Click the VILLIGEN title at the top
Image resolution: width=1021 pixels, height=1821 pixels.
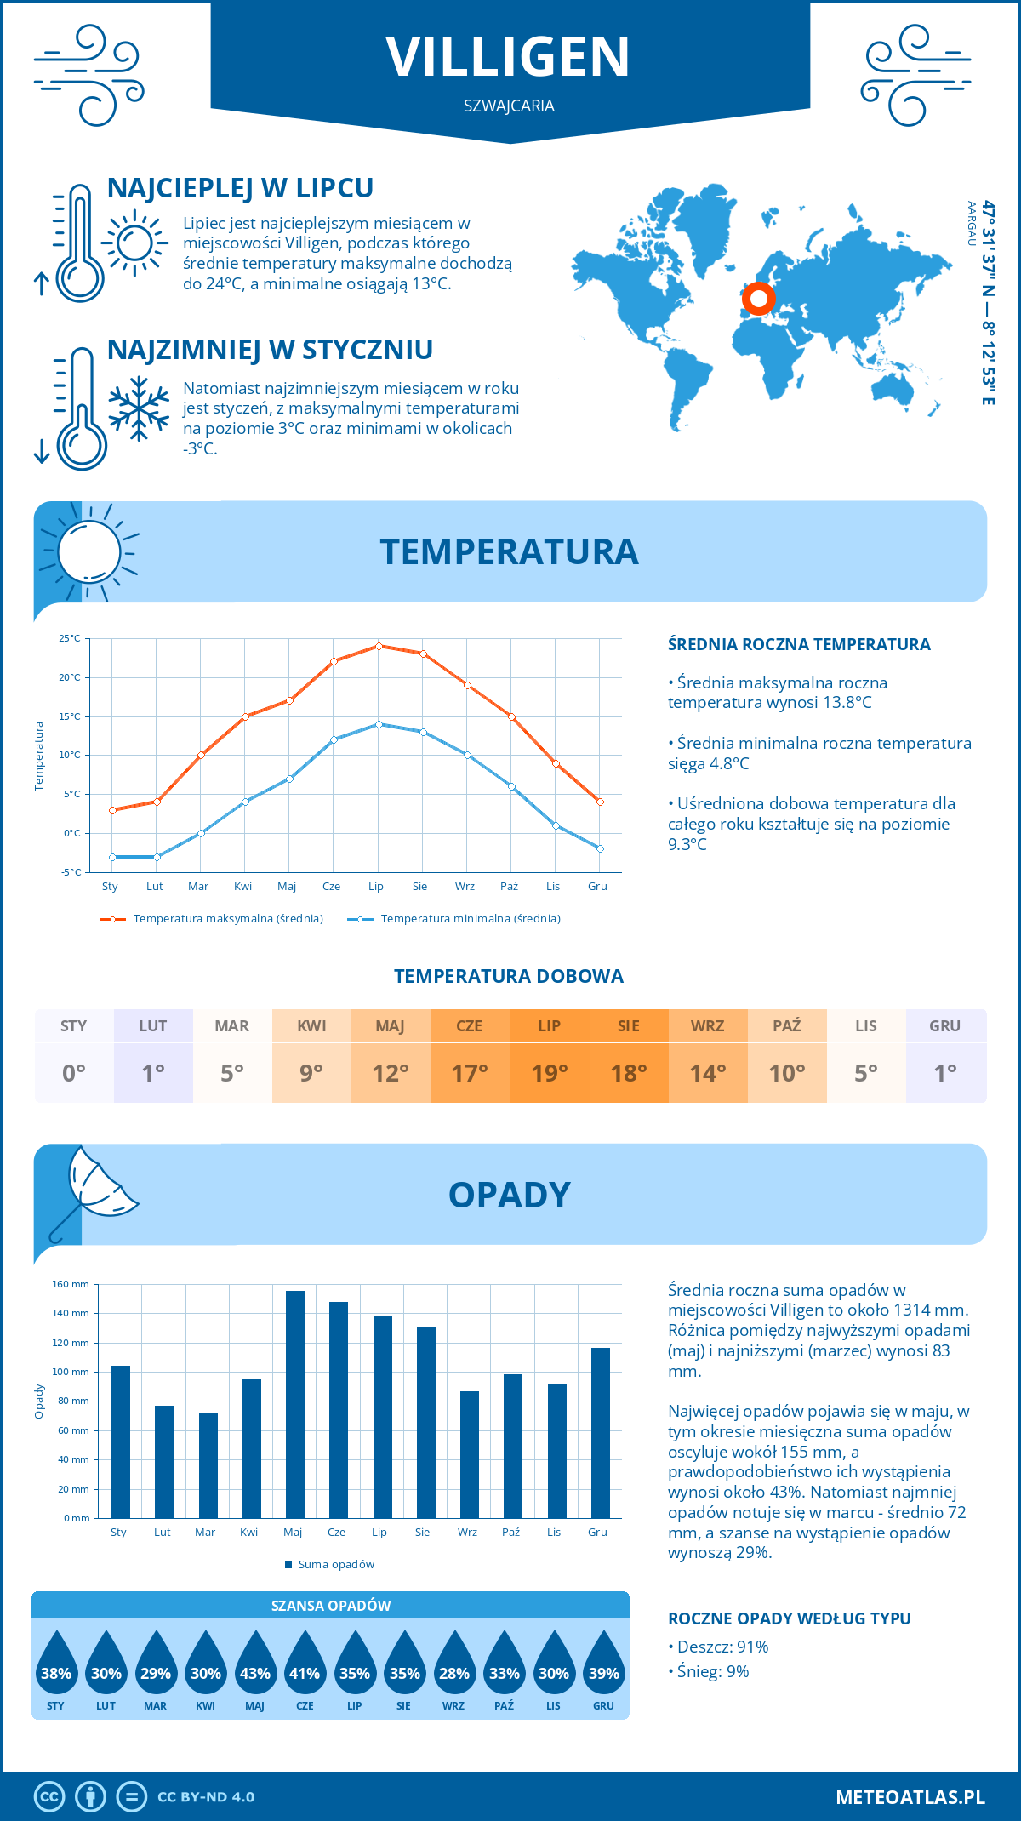coord(509,57)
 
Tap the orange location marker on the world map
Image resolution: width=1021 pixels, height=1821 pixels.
coord(758,299)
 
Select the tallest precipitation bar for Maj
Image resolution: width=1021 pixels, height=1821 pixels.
coord(294,1404)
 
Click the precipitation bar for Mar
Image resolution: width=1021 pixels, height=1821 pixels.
coord(208,1464)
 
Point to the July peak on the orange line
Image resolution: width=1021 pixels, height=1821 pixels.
coord(379,646)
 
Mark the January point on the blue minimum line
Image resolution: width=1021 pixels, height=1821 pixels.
coord(112,857)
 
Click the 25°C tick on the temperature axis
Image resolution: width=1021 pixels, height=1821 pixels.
coord(70,638)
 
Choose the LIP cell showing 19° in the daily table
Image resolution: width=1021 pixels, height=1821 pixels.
coord(549,1072)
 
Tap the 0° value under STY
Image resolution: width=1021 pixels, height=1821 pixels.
coord(74,1073)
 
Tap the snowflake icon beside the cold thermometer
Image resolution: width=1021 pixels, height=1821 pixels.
coord(139,408)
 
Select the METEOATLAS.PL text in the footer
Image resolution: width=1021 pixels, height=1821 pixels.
coord(910,1797)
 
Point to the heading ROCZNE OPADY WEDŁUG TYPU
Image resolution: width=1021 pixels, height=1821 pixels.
coord(789,1618)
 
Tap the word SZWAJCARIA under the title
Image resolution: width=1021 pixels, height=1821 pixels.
coord(509,106)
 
